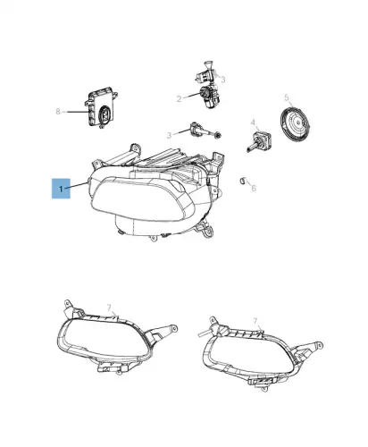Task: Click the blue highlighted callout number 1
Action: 61,189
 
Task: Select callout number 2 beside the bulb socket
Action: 179,98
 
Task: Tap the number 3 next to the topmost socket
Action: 223,80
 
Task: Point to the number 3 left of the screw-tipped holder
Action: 169,136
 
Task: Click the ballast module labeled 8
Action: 102,107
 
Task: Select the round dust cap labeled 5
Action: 296,122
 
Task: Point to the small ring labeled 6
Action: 243,181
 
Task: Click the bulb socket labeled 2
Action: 210,97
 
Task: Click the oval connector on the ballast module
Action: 105,114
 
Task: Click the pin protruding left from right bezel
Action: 203,333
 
